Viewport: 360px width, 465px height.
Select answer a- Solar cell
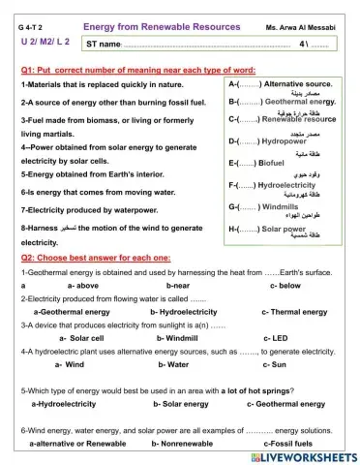(80, 338)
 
